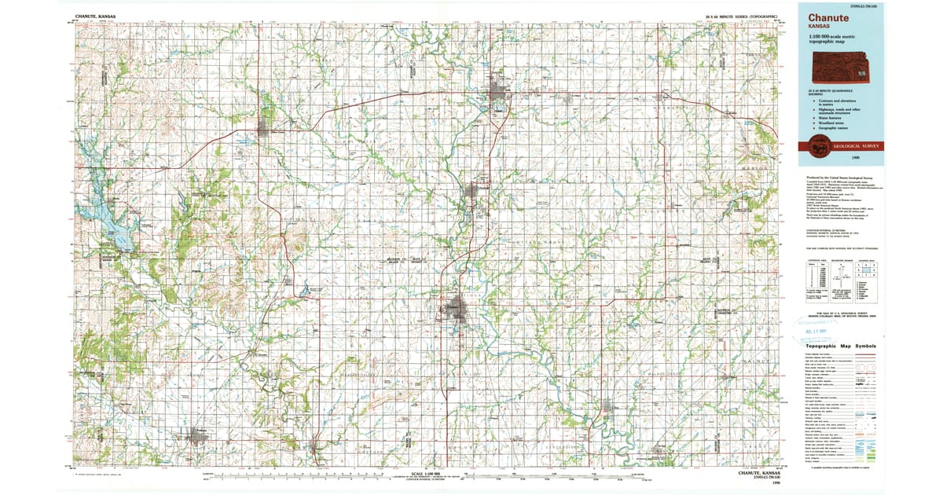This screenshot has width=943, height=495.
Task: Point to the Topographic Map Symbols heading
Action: point(839,346)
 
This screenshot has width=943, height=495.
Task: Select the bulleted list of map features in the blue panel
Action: point(833,111)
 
